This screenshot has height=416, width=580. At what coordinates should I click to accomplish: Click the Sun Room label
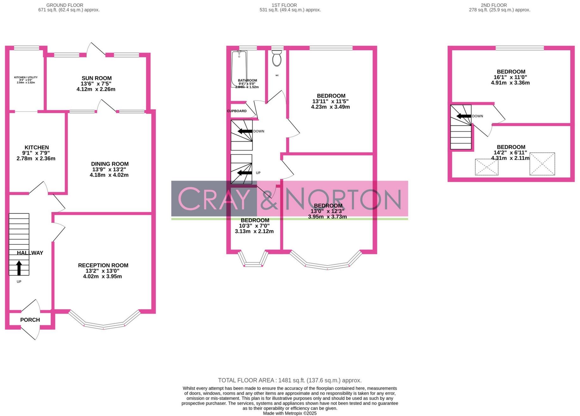click(x=96, y=78)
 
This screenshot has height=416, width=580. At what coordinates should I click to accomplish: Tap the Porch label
click(x=30, y=320)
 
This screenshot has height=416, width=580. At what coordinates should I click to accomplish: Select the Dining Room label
click(x=110, y=164)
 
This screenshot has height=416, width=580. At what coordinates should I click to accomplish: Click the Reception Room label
click(x=103, y=266)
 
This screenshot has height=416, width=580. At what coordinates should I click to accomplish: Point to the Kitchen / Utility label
click(x=26, y=77)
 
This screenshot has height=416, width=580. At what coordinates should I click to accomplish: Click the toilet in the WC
click(x=277, y=58)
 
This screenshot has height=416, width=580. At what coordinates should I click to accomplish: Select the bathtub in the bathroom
click(x=239, y=68)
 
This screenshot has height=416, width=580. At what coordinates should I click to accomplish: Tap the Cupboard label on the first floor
click(x=237, y=111)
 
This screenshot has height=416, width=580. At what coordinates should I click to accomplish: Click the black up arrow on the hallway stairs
click(x=19, y=268)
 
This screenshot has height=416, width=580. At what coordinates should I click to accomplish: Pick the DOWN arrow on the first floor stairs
click(x=245, y=131)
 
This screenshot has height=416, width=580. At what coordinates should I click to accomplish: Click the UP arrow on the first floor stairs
click(x=244, y=173)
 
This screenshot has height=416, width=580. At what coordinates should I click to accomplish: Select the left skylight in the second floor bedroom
click(x=487, y=167)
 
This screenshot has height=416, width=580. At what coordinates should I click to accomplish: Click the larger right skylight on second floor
click(x=542, y=164)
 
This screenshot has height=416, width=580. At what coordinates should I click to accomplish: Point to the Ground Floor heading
click(x=65, y=5)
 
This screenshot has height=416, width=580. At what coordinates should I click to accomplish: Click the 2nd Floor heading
click(x=494, y=5)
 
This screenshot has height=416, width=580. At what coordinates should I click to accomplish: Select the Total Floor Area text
click(x=290, y=380)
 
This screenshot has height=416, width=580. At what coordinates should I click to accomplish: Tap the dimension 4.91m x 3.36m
click(x=510, y=83)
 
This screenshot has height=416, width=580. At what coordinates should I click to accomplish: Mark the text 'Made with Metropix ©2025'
click(x=290, y=413)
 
